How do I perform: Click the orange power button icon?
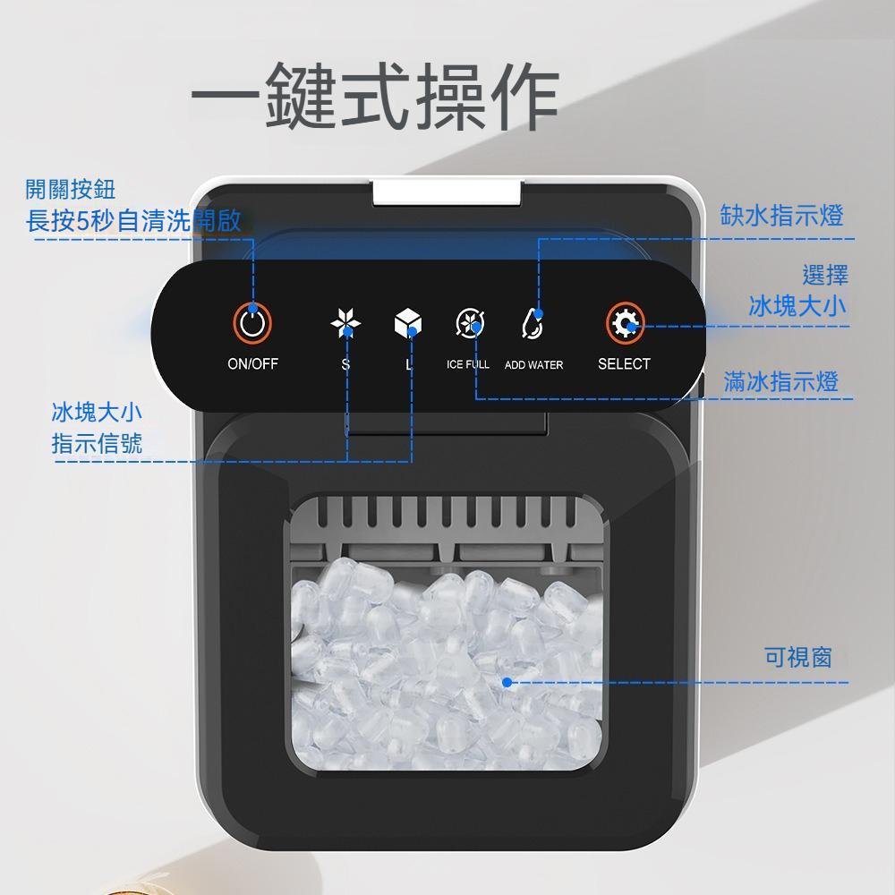pos(252,323)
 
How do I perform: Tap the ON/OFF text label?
pos(252,364)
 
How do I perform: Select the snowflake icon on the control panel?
pos(345,324)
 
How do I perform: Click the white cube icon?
pos(408,324)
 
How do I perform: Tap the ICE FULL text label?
pos(467,365)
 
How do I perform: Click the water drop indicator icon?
pos(533,324)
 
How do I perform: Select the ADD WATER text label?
pos(533,365)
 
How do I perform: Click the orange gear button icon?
pos(625,324)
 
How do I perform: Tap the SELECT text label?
pos(624,364)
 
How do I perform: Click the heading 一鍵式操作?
pos(376,95)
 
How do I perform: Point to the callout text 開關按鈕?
pos(71,189)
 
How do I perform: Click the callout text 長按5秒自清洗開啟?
pos(134,221)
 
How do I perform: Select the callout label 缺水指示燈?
pos(782,216)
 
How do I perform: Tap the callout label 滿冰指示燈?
pos(780,382)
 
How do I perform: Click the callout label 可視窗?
pos(797,658)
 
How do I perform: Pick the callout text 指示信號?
pos(97,443)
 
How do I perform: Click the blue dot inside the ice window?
pos(507,682)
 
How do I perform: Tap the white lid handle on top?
pos(448,190)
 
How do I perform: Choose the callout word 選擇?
pos(824,275)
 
